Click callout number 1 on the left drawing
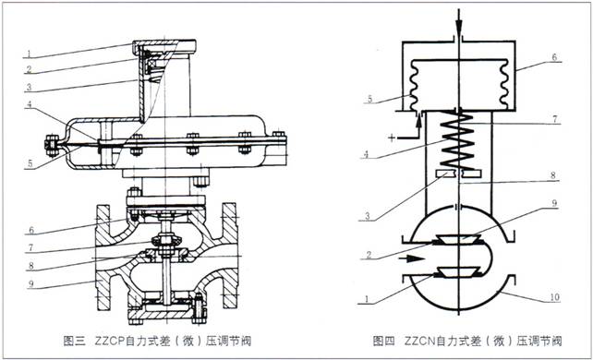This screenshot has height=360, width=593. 29,54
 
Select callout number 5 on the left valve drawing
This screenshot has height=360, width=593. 30,164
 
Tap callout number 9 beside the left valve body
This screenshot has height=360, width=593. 31,284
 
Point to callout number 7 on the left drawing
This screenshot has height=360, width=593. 31,247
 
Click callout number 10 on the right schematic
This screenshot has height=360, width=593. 554,297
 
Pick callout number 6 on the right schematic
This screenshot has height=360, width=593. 554,57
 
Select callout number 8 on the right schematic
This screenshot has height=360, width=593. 553,175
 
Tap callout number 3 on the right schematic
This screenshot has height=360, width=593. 367,217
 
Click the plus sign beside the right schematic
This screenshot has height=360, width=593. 392,138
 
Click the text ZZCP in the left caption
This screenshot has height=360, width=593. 110,342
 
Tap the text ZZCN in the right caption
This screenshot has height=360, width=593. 419,342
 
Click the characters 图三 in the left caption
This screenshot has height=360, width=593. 74,342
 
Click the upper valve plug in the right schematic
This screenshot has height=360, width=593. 457,239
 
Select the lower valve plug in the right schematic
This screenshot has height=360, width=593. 457,272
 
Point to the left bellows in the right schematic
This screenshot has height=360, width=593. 414,85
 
